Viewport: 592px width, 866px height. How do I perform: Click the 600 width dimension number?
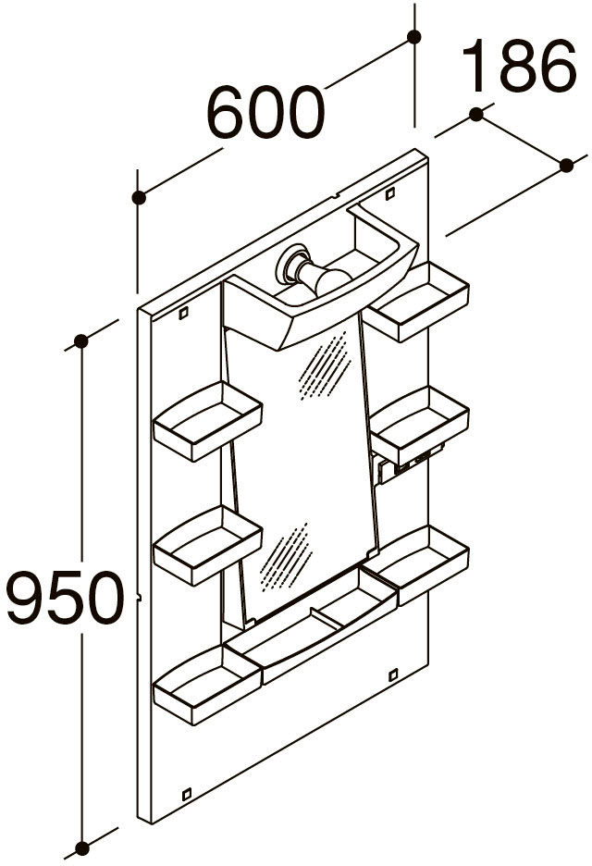[265, 112]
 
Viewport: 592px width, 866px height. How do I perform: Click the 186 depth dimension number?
[519, 66]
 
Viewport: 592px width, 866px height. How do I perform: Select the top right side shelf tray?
[418, 302]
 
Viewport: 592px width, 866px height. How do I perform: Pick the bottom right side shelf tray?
[414, 565]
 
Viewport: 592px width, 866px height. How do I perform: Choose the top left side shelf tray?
[207, 421]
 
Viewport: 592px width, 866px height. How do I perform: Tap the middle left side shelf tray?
[207, 545]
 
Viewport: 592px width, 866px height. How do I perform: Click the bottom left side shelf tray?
[207, 685]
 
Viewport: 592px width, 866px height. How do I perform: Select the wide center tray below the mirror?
[311, 625]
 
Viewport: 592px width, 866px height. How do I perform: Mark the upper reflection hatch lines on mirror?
[325, 366]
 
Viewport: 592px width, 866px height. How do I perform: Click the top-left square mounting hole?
[183, 313]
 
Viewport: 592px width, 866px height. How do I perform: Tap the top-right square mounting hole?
[389, 193]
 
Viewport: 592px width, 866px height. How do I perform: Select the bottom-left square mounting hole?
[186, 794]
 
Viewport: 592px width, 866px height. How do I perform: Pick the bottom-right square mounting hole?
[393, 674]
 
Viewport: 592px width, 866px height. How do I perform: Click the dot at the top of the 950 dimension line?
[81, 341]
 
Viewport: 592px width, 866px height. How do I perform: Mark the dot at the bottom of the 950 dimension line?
[81, 847]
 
